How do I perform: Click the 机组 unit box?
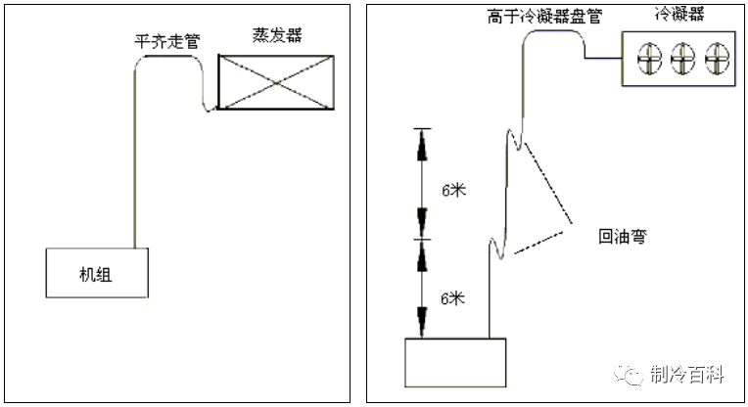(x=96, y=272)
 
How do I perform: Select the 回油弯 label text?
(x=624, y=236)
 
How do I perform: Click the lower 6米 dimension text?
(x=452, y=298)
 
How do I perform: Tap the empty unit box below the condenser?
(x=455, y=362)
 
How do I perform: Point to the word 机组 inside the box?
(x=95, y=275)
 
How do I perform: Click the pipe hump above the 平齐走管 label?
(x=166, y=56)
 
